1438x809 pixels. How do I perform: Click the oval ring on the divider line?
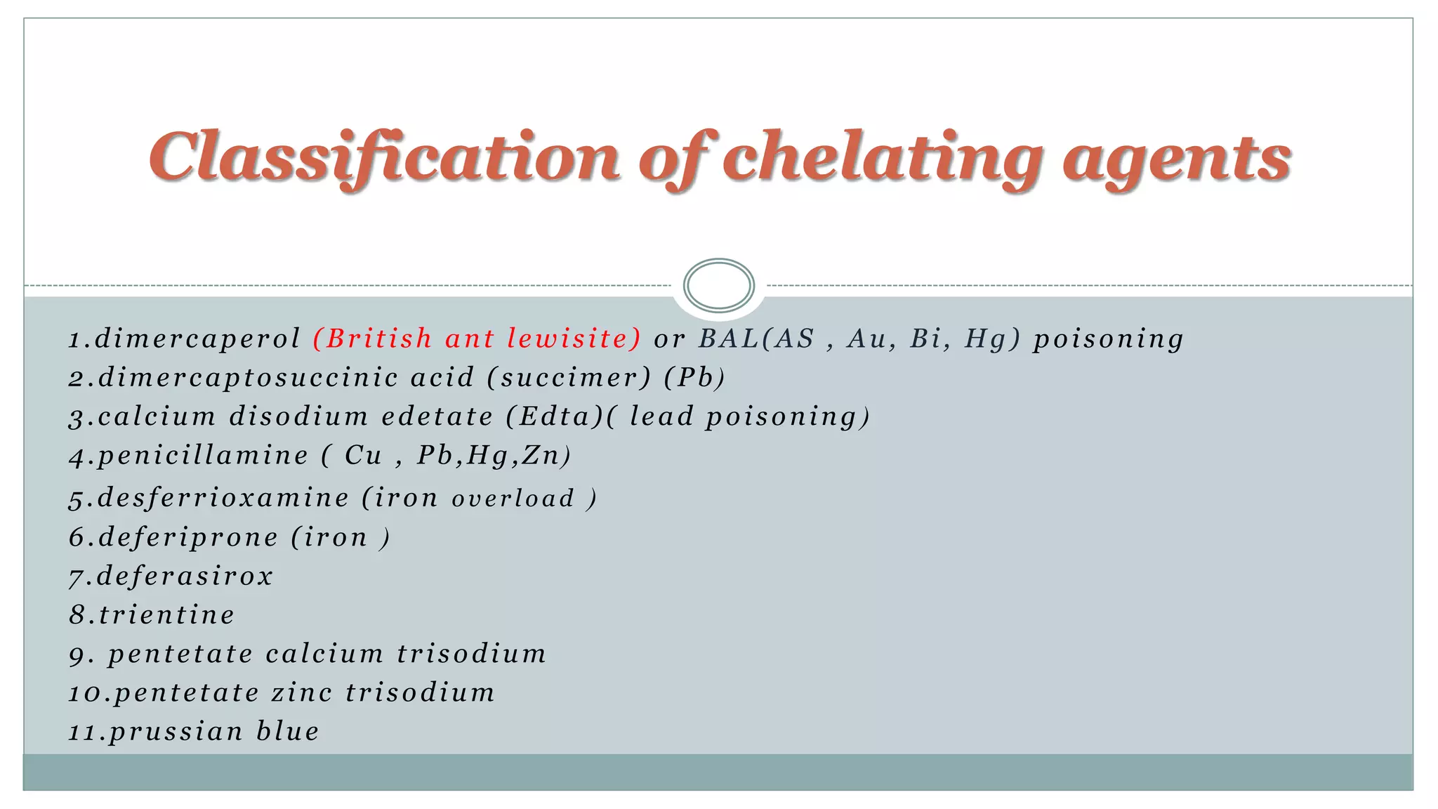click(718, 285)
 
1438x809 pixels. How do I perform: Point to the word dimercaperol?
click(197, 339)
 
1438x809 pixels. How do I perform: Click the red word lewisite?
click(572, 338)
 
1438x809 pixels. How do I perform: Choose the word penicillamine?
click(203, 456)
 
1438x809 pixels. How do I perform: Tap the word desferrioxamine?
click(223, 498)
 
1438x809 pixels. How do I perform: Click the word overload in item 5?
click(513, 499)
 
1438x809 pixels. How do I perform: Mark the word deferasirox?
click(185, 576)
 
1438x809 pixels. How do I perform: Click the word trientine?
click(166, 615)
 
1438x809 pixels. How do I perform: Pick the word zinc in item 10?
click(302, 693)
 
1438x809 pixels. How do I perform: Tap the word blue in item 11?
click(288, 732)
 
